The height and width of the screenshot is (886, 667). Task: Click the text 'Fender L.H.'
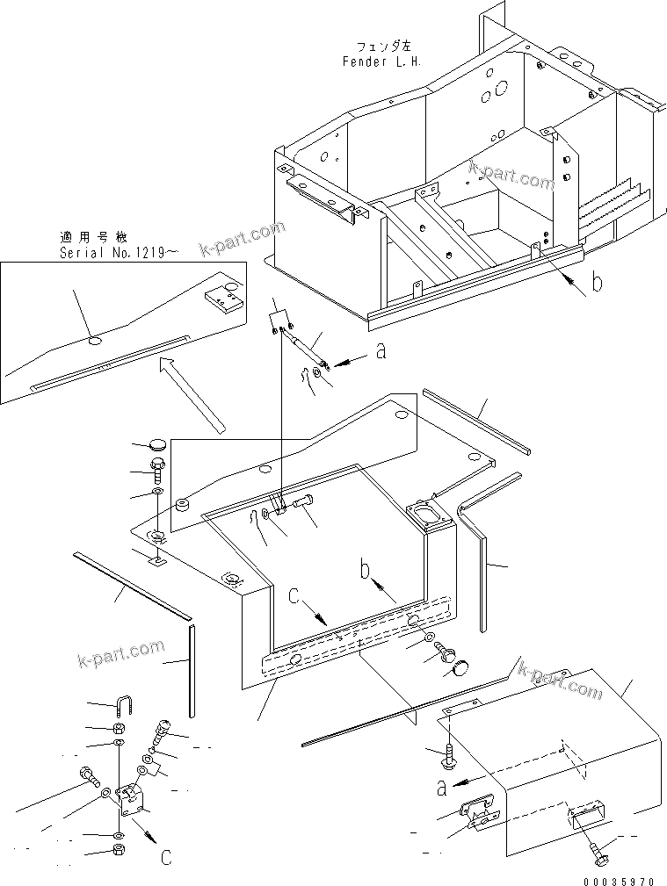coord(382,61)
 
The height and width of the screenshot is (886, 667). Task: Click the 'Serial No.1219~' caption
coord(118,253)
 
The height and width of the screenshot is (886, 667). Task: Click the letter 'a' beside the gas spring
coord(380,351)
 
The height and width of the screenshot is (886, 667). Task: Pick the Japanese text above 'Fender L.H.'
coord(382,46)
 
